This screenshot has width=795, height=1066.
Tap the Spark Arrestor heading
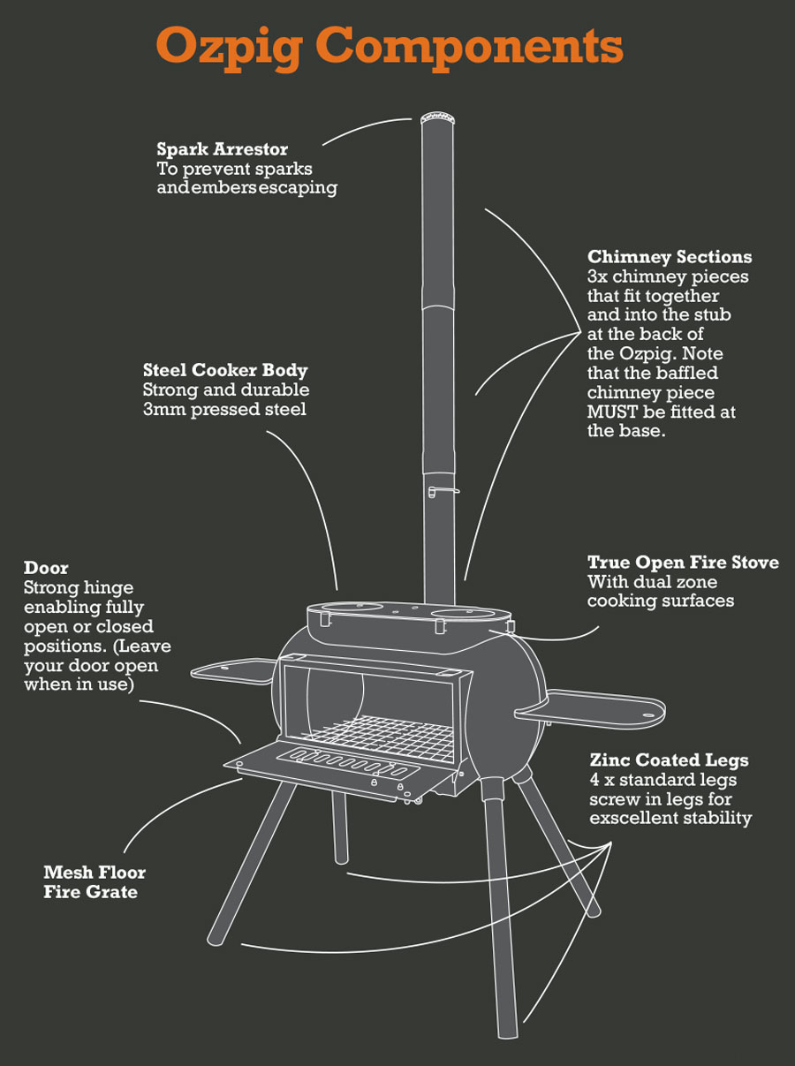[x=223, y=149]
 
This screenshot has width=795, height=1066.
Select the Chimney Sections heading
[x=670, y=257]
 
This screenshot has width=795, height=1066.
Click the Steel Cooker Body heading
[x=225, y=370]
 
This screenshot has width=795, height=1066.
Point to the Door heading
[x=46, y=567]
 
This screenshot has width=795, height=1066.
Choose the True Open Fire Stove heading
[x=683, y=563]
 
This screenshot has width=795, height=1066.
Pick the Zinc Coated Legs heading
[x=669, y=760]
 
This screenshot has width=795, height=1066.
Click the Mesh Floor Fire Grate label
[x=94, y=881]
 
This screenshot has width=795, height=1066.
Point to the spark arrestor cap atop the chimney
[x=435, y=117]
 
